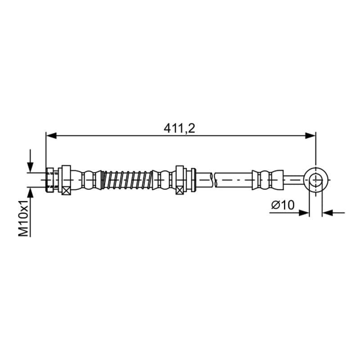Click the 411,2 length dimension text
pos(179,128)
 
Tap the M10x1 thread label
pos(23,218)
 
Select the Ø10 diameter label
pos(283,205)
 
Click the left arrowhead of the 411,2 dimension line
pos(51,136)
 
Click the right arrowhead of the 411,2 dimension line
pos(310,136)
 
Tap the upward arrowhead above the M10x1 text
pos(30,193)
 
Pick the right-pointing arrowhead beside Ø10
pos(304,213)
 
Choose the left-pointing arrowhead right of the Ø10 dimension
pos(328,213)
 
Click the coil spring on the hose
pos(127,180)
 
